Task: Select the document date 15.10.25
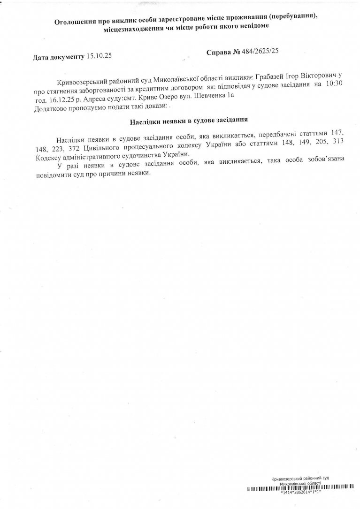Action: [x=100, y=57]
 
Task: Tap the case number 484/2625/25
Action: [x=260, y=53]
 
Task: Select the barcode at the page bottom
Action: [x=300, y=489]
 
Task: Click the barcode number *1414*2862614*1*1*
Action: [x=300, y=493]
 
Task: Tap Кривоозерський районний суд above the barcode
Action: [x=300, y=478]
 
